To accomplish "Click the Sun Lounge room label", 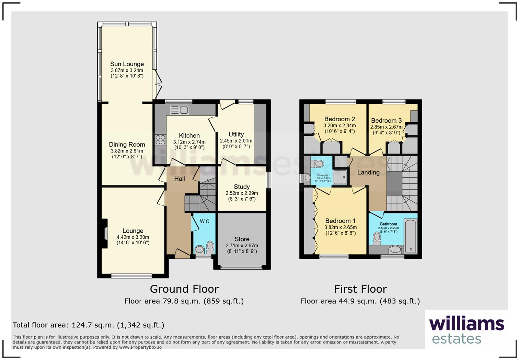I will coord(127,64).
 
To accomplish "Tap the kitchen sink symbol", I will coord(180,110).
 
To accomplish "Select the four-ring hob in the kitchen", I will coord(160,139).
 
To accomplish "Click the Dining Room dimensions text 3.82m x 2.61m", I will coord(127,151).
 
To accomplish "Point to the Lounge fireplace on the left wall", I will coord(104,234).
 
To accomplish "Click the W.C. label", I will coord(205,221).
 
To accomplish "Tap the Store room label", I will coord(242,239).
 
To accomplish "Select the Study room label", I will coord(242,187).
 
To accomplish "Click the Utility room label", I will coord(236,134).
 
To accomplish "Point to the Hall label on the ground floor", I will coord(179,179).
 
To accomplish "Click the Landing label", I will coord(368,172).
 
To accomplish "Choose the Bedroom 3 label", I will coord(386,121).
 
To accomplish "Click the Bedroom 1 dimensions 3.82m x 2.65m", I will coord(340,227).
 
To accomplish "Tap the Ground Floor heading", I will coord(184,289).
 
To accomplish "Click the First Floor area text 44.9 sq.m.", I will coord(360,301).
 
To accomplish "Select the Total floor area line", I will coord(89,325).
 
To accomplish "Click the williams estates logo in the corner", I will coord(466,330).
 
